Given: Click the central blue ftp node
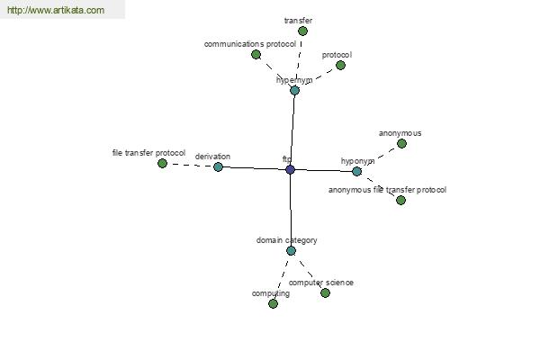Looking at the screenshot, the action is pos(291,169).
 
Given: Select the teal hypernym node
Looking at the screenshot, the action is pos(294,91).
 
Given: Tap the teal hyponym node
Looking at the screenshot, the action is pos(356,171).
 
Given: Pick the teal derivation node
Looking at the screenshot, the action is pos(218,167).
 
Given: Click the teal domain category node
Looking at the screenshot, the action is pos(291,251).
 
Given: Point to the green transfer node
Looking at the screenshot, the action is pos(302,31).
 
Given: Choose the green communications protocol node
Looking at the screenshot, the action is pos(256,54).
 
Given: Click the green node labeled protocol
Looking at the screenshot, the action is pos(340,65).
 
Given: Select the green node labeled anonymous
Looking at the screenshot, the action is pos(401,144).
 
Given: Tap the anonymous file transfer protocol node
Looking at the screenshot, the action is pos(400,200).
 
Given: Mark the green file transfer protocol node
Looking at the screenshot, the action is pos(162,163).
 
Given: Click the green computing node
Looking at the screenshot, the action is pos(273,303).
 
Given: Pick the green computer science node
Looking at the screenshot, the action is pos(325,292).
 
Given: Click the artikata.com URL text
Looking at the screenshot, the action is pos(56,10).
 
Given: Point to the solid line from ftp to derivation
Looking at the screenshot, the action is pos(254,168).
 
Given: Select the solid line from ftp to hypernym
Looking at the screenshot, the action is pos(292,130).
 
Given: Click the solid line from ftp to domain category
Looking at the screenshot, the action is pos(291,210).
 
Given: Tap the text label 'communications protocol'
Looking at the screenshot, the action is pos(250,44).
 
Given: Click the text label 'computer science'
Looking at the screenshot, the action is pos(321,283).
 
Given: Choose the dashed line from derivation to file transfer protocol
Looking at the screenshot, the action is pos(190,166).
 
